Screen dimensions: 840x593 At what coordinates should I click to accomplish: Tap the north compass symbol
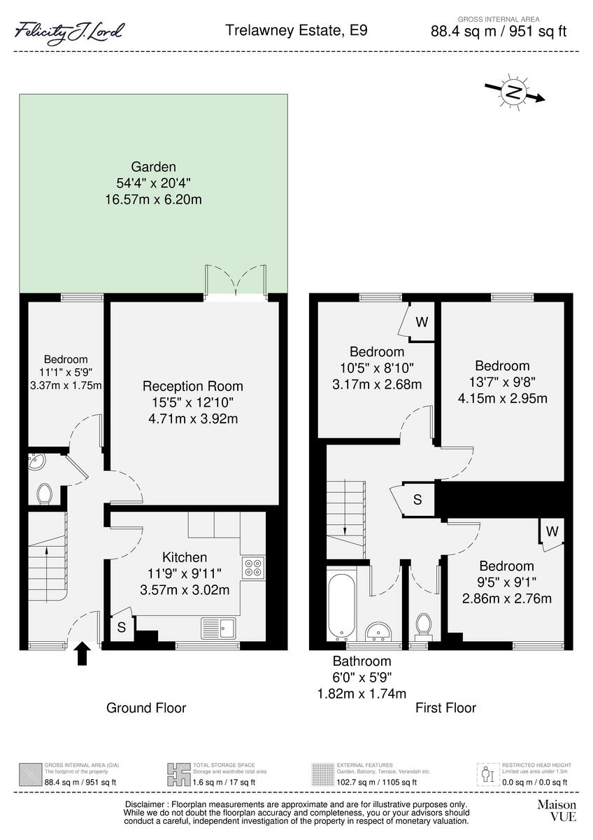(x=515, y=92)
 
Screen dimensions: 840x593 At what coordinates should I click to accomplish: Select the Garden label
(x=153, y=167)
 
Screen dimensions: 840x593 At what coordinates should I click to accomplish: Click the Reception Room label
(x=192, y=386)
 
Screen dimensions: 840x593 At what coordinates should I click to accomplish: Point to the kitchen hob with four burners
(x=253, y=567)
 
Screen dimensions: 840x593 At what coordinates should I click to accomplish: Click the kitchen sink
(x=218, y=628)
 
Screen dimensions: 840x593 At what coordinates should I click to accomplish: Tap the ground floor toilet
(x=45, y=493)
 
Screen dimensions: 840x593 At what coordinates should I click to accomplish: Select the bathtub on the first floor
(x=342, y=605)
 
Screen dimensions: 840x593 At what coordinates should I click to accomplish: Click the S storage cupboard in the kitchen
(x=121, y=627)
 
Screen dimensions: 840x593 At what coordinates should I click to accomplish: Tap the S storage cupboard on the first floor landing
(x=417, y=500)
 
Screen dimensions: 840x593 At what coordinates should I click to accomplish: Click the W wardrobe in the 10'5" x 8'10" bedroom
(x=421, y=322)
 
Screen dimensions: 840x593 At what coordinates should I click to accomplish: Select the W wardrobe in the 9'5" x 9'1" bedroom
(x=552, y=531)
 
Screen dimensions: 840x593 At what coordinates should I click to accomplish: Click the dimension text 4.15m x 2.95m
(x=502, y=398)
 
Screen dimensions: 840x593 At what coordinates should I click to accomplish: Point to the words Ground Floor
(x=146, y=708)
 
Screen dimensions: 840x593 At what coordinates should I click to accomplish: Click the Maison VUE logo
(x=556, y=811)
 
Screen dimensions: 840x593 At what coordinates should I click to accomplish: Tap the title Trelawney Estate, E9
(x=296, y=30)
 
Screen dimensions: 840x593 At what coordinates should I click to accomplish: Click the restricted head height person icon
(x=488, y=773)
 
